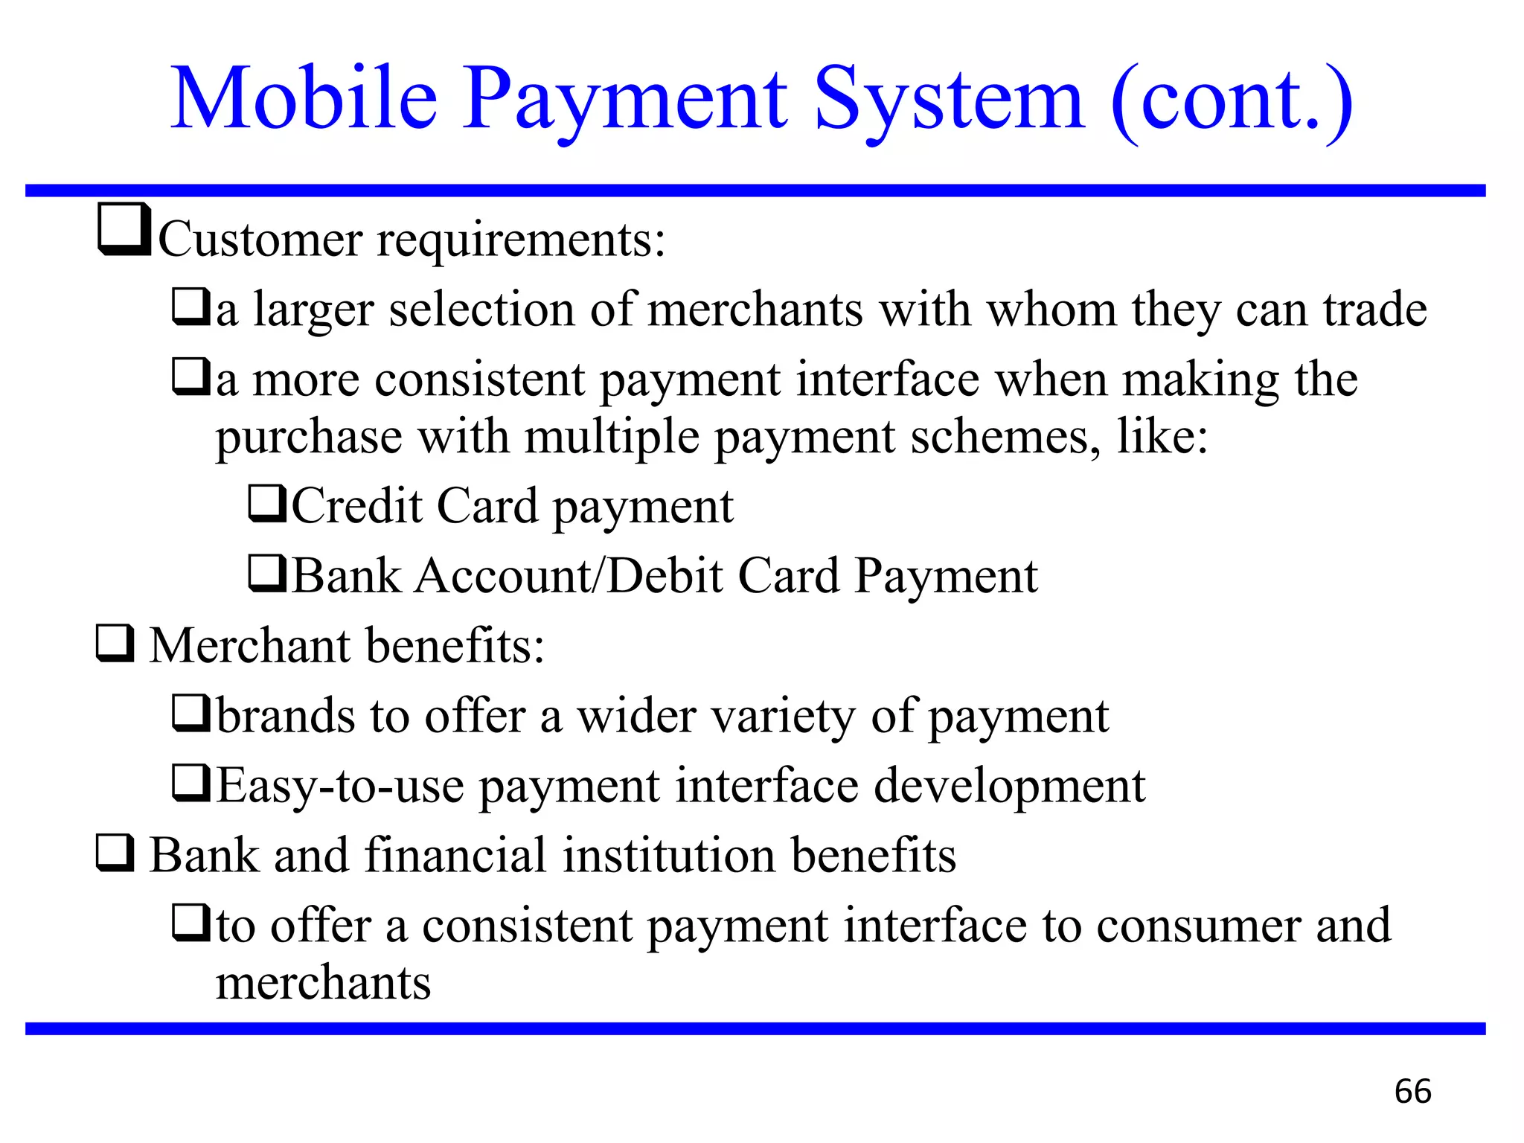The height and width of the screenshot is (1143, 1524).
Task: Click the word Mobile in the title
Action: point(304,98)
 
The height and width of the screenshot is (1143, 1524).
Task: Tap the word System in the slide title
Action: point(950,98)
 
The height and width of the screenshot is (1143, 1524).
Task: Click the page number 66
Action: point(1412,1092)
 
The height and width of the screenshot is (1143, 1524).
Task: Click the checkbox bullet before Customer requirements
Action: point(124,231)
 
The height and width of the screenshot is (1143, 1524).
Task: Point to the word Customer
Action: point(260,240)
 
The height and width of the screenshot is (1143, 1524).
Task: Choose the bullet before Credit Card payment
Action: point(266,504)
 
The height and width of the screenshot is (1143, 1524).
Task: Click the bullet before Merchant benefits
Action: point(115,644)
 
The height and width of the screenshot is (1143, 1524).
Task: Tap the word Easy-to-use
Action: point(340,786)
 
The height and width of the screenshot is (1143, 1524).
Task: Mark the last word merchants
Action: point(323,982)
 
